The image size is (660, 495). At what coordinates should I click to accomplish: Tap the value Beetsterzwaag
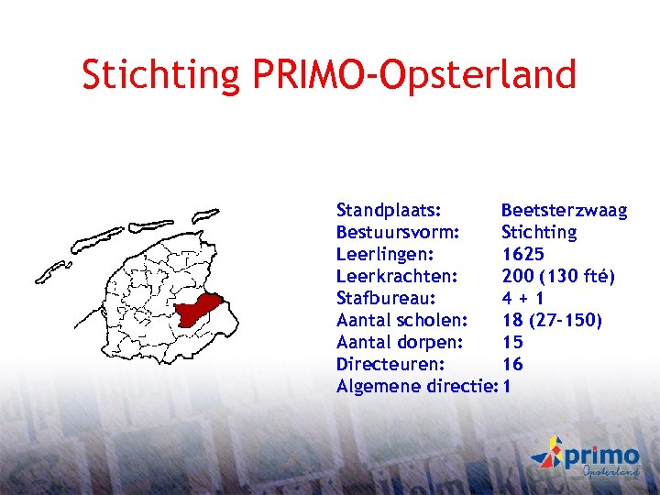click(564, 211)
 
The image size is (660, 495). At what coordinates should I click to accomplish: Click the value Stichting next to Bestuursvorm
click(539, 233)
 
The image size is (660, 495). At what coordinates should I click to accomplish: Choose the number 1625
click(522, 254)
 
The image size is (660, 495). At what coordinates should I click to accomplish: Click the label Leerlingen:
click(385, 254)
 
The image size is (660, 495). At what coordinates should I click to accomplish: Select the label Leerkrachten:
click(396, 276)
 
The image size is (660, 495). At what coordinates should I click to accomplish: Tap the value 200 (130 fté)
click(558, 276)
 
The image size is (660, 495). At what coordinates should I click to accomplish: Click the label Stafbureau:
click(386, 298)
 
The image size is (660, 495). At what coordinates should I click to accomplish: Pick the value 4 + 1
click(523, 298)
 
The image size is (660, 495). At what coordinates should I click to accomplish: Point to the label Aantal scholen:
click(402, 320)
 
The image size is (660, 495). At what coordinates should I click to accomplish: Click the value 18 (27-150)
click(552, 320)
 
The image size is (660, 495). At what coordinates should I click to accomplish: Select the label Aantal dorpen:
click(400, 342)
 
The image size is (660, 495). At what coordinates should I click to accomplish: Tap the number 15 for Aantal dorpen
click(512, 342)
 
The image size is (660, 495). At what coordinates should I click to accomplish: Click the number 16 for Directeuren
click(512, 364)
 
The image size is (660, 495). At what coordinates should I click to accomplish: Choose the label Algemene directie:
click(417, 386)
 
